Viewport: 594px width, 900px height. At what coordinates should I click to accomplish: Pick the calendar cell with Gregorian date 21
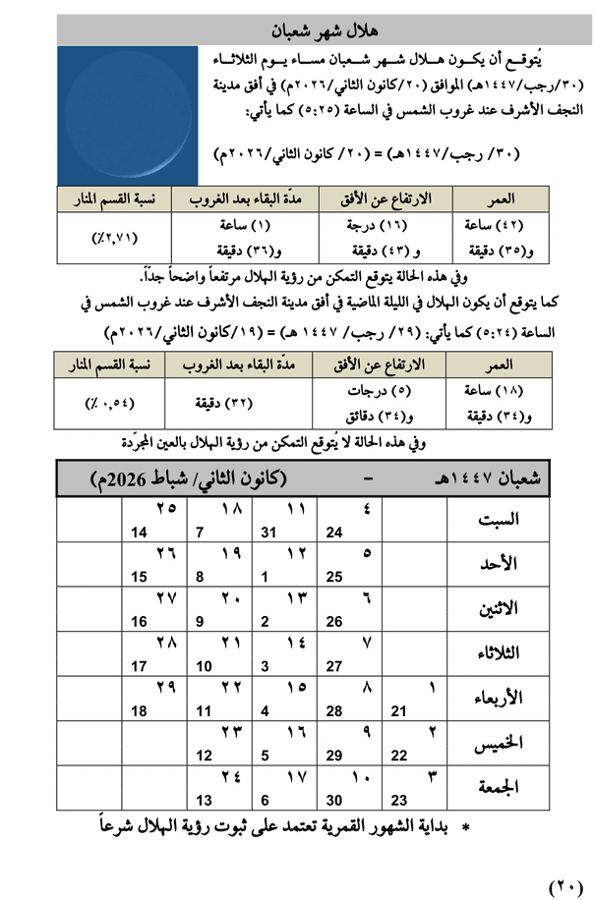coord(412,699)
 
